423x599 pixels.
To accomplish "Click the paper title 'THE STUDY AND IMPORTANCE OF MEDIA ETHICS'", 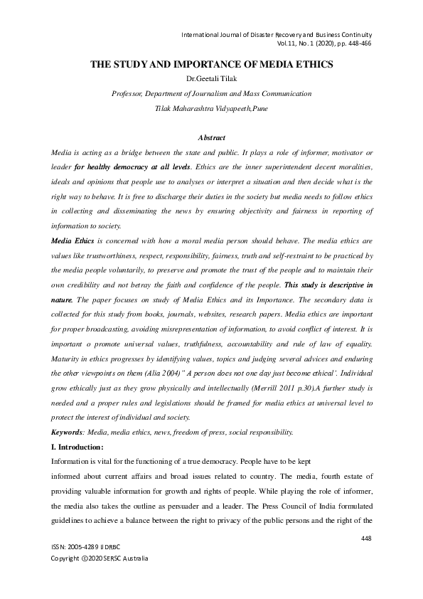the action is click(x=212, y=65).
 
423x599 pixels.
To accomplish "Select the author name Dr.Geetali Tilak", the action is click(x=211, y=78).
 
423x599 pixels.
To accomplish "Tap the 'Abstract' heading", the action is click(x=211, y=137).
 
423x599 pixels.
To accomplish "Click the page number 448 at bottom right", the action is click(x=366, y=539).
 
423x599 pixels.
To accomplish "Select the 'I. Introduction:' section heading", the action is click(x=78, y=447).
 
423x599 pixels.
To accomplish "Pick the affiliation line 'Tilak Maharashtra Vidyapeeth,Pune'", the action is click(x=211, y=109).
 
